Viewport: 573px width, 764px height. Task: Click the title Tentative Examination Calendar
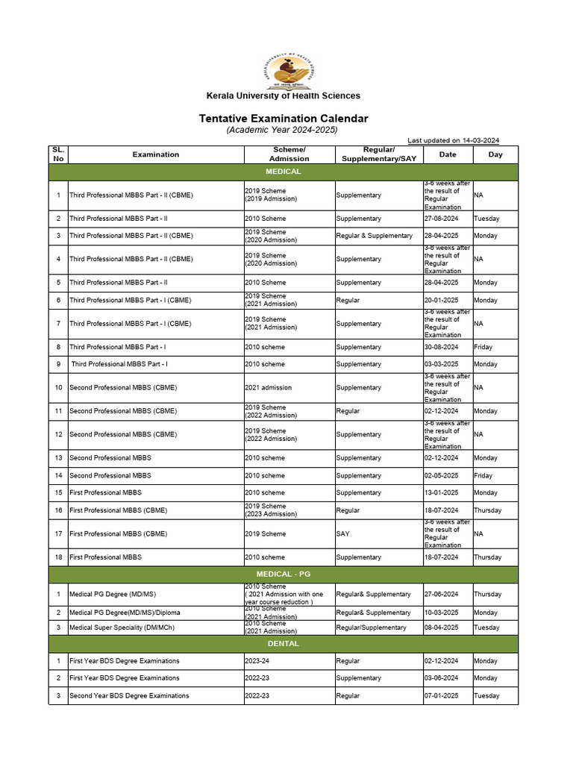click(283, 119)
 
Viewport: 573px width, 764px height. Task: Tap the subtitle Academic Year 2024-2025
click(283, 130)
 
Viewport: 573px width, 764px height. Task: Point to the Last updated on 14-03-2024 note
click(453, 140)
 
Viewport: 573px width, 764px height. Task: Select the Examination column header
click(156, 154)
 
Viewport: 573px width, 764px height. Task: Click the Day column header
click(495, 154)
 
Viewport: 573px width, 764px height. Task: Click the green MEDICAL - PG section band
click(283, 574)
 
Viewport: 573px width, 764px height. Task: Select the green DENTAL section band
click(283, 643)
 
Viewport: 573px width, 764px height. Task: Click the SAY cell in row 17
click(343, 533)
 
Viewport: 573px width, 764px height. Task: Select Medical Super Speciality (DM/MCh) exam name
click(122, 627)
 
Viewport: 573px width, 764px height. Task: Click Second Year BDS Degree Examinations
click(129, 695)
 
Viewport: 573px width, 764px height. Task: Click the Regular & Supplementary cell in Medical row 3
click(374, 235)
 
